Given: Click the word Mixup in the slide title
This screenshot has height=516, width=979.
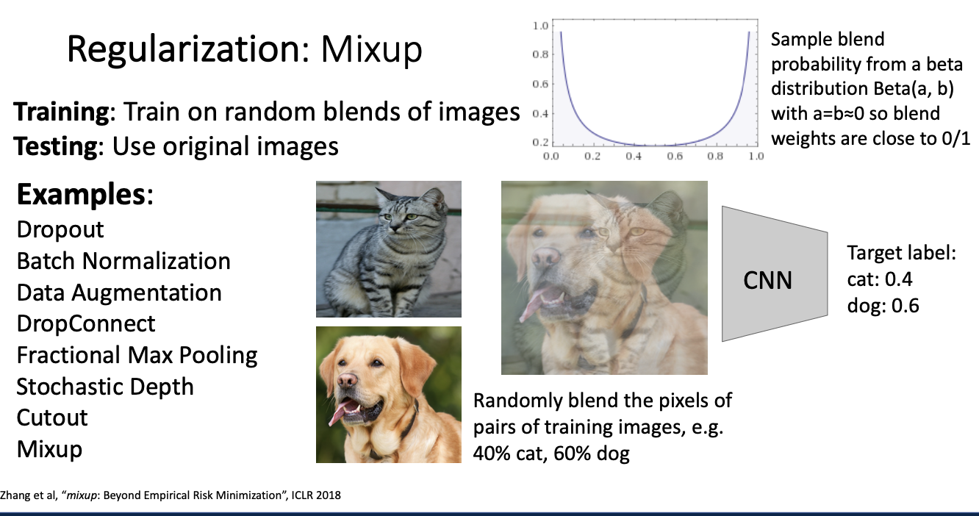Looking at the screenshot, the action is [x=371, y=50].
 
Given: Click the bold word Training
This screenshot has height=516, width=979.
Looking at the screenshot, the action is [x=61, y=112].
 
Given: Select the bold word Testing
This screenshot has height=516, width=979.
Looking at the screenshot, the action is [x=56, y=147].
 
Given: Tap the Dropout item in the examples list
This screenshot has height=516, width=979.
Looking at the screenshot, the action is [x=60, y=230].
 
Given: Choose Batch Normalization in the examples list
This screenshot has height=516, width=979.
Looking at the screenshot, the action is [x=123, y=261].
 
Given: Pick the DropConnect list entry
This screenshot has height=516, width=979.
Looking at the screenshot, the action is [x=86, y=323].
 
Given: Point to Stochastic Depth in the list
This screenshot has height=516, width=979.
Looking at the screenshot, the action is [x=105, y=387].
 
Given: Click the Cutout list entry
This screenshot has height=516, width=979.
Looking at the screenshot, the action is [x=52, y=418].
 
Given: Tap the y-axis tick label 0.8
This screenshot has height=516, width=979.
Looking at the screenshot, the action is [x=540, y=54].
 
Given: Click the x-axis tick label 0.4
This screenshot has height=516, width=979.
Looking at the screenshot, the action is [x=634, y=156].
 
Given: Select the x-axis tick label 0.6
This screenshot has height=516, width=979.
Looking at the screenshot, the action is [x=675, y=156].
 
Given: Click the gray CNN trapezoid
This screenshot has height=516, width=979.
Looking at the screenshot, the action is [x=775, y=274].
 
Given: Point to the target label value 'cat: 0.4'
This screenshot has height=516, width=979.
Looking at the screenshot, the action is [x=880, y=279].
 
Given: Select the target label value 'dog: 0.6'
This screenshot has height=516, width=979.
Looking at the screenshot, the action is [x=883, y=305].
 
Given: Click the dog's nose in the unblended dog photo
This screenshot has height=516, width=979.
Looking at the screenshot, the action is [x=347, y=381].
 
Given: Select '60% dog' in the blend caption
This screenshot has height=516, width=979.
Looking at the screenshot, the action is [x=592, y=454].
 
